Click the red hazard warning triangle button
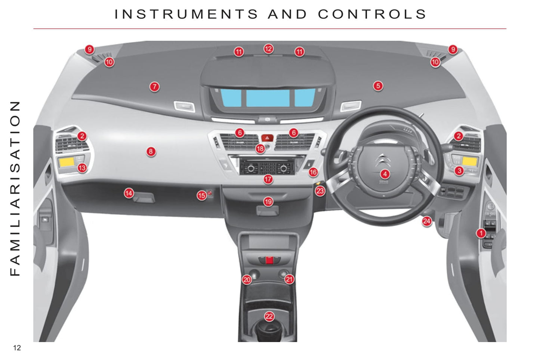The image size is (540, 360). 267,138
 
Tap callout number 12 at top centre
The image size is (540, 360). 268,49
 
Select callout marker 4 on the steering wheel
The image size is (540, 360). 385,174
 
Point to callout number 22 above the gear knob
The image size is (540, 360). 269,316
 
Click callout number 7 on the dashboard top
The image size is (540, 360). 154,87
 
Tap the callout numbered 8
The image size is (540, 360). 151,152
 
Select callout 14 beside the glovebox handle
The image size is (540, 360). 129,193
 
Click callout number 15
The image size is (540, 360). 202,195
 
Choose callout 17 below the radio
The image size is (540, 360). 268,179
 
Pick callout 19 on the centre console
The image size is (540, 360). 268,201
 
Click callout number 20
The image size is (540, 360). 247,280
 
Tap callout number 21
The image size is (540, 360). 289,279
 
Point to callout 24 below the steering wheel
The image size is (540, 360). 427,221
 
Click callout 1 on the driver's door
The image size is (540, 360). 481,233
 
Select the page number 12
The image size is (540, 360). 17,348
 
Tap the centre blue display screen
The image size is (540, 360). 268,98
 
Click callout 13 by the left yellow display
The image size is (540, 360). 82,168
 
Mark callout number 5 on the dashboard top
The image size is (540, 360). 378,86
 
